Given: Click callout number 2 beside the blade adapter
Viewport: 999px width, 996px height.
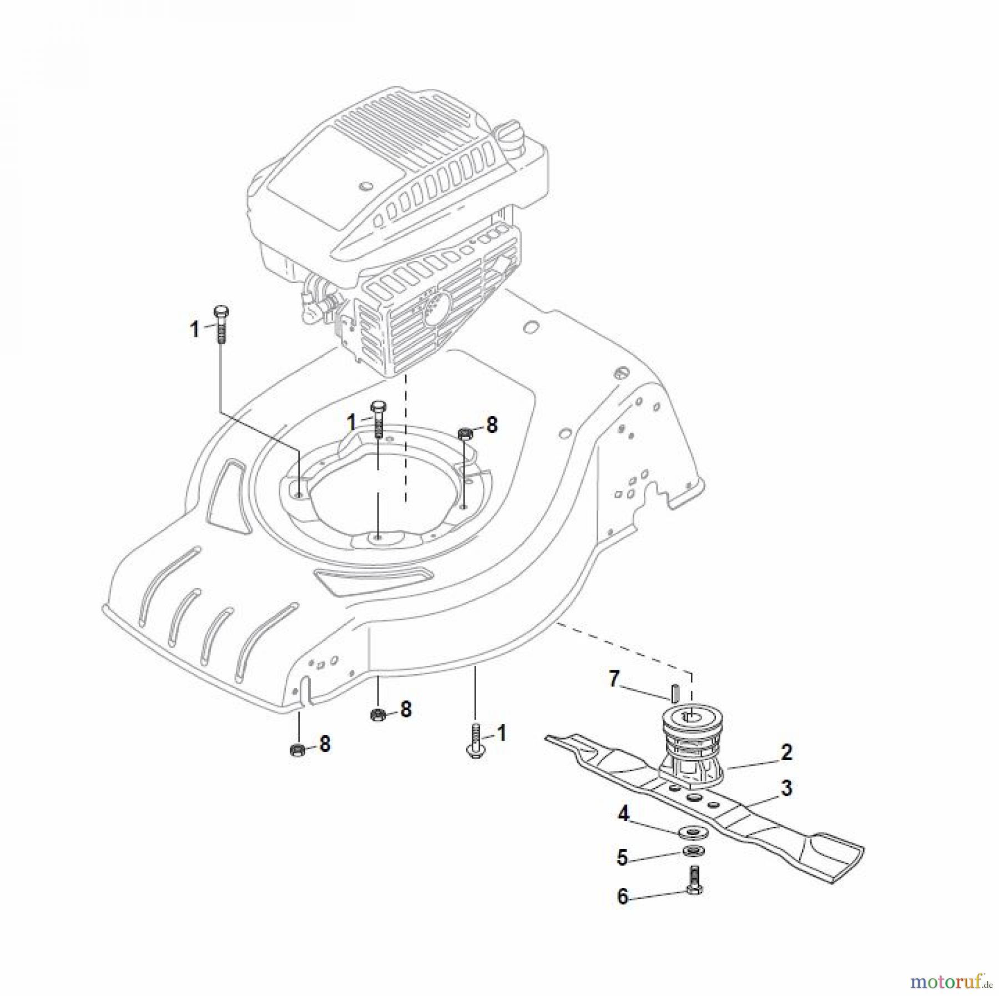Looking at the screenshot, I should point(786,753).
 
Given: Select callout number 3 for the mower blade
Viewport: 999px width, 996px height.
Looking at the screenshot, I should point(786,788).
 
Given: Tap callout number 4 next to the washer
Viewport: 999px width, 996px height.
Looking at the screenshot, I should point(623,815).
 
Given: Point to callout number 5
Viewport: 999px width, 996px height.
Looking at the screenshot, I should point(622,857).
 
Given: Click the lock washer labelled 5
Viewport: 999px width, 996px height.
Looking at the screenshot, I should point(692,853).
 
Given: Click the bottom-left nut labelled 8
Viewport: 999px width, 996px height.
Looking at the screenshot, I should point(297,751).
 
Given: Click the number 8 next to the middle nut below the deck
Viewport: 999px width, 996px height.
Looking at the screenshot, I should point(406,709).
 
